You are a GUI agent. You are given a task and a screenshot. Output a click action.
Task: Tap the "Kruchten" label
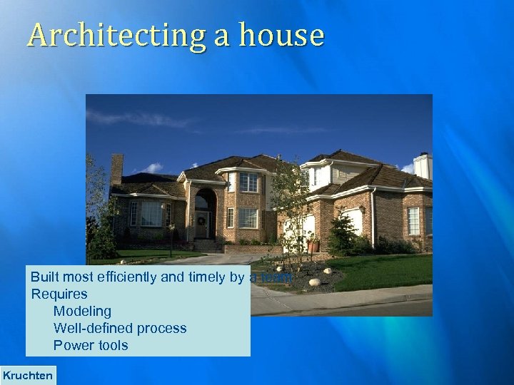pos(28,375)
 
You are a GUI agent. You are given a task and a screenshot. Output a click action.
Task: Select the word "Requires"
pos(59,294)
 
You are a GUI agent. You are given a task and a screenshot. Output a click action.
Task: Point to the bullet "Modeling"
pos(82,311)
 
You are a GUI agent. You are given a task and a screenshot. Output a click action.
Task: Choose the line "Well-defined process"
pos(120,328)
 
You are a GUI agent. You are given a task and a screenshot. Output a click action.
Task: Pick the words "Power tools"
pos(91,345)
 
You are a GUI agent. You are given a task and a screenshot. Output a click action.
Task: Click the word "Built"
pos(45,277)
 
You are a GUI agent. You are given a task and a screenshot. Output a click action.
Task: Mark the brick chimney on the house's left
pos(116,169)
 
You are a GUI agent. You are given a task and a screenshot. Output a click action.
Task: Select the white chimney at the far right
pos(423,166)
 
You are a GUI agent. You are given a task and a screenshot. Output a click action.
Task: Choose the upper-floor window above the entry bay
pos(248,183)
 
